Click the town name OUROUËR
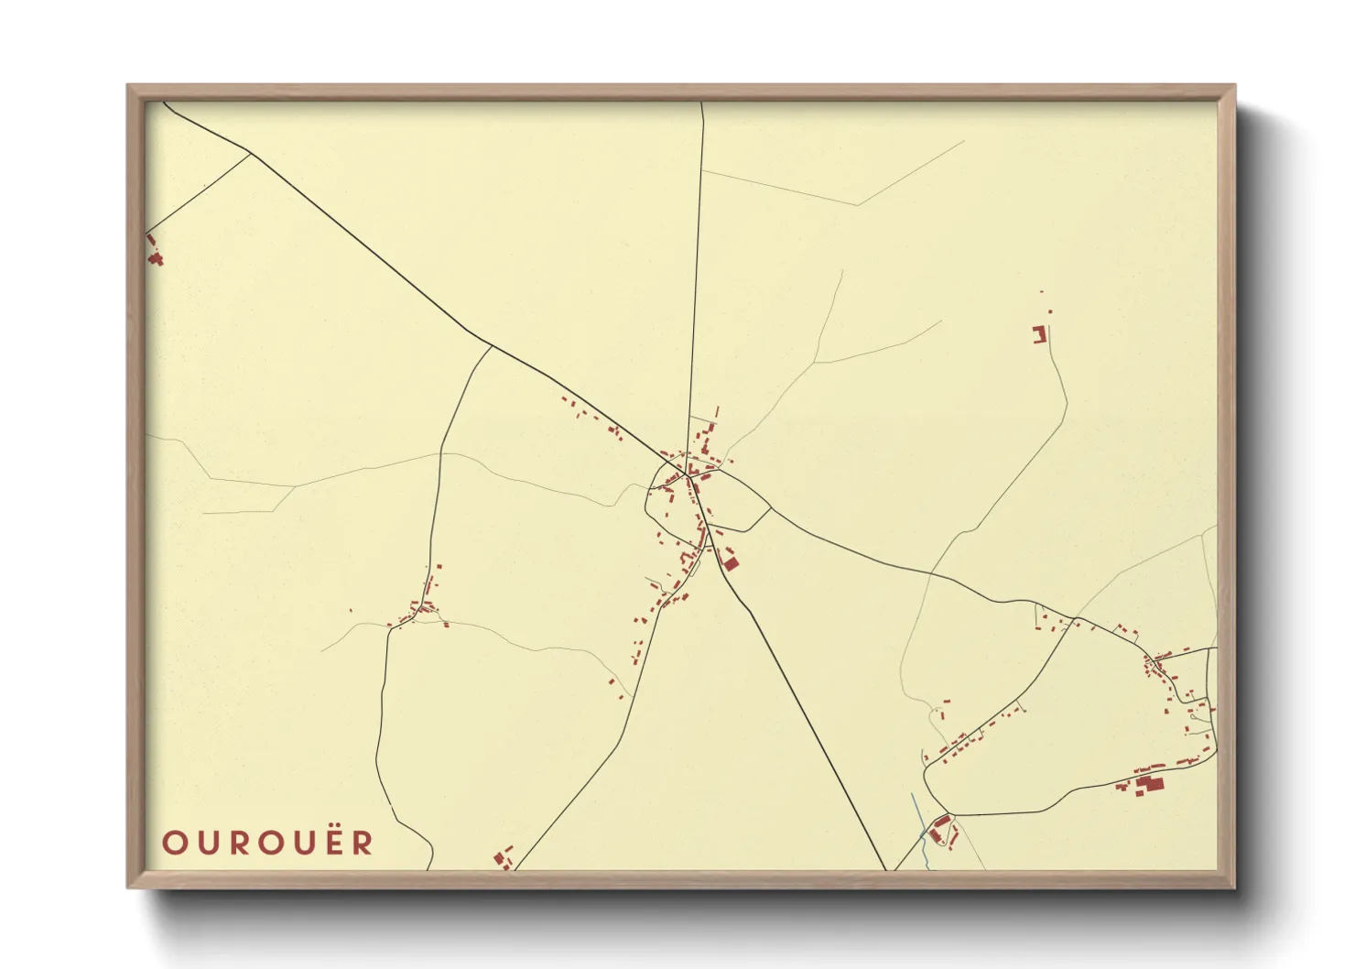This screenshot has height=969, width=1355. (268, 843)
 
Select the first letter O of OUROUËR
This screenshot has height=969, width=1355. (174, 843)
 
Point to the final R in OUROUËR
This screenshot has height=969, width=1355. (363, 843)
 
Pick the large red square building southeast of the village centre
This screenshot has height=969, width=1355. (731, 561)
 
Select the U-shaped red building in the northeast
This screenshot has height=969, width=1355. (1039, 334)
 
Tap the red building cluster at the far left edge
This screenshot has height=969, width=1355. (155, 257)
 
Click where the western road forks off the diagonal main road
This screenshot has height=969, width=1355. (492, 345)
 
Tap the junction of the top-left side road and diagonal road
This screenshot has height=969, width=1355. (251, 153)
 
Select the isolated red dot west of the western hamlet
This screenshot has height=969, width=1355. (351, 612)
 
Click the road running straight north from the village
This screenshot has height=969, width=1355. (696, 275)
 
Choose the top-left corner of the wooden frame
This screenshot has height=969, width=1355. (129, 87)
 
